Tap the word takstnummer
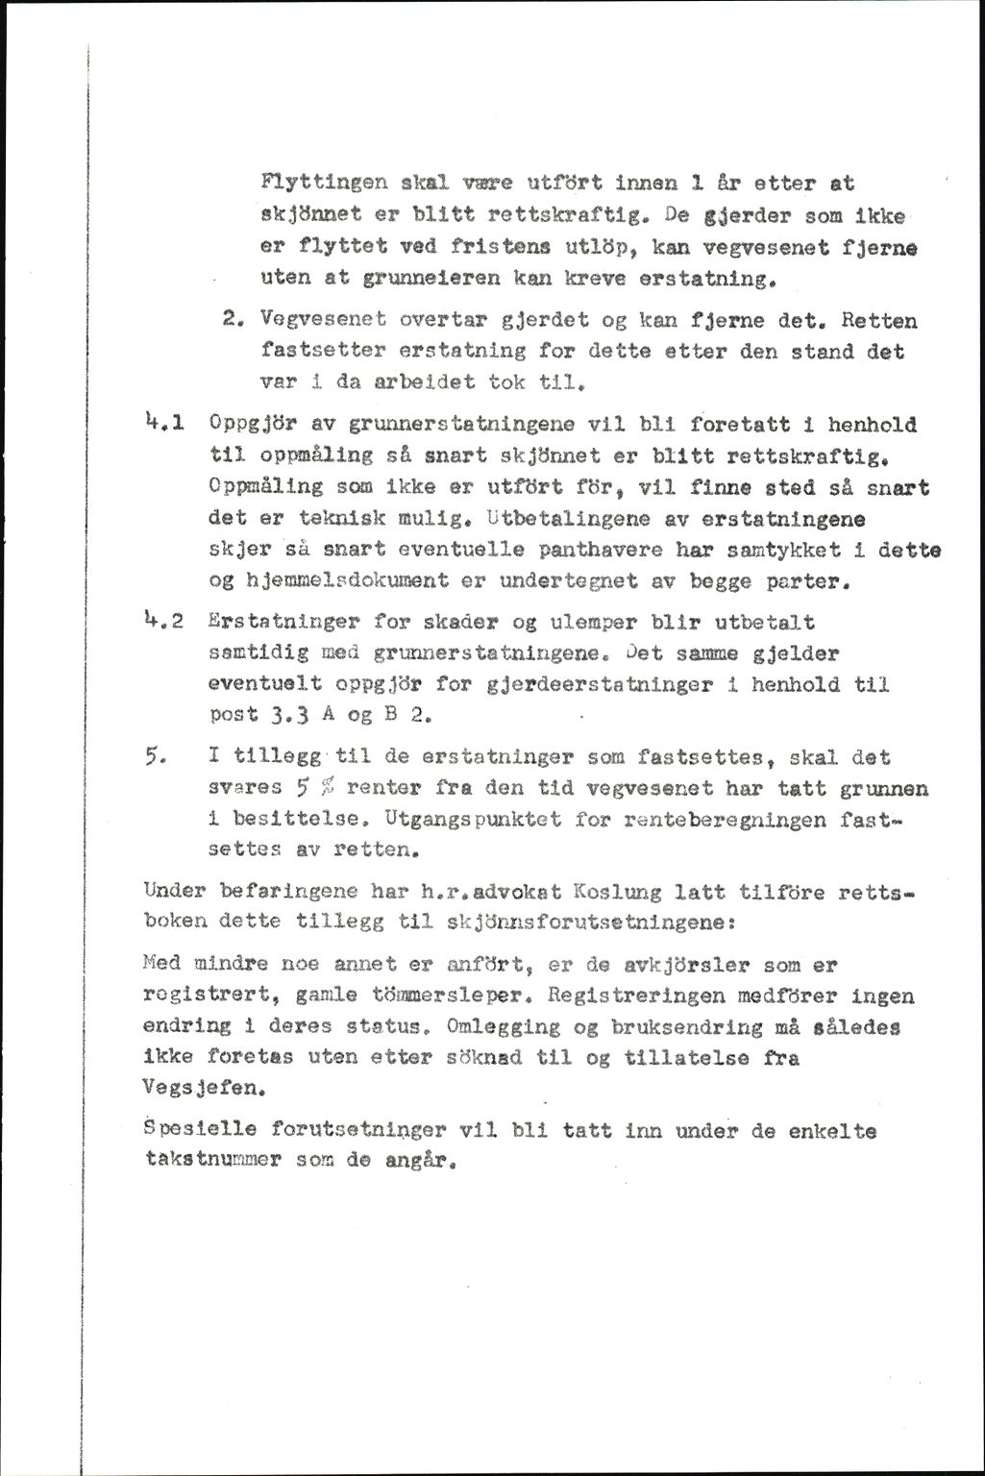(x=207, y=1160)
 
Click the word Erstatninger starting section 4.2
(x=268, y=624)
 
